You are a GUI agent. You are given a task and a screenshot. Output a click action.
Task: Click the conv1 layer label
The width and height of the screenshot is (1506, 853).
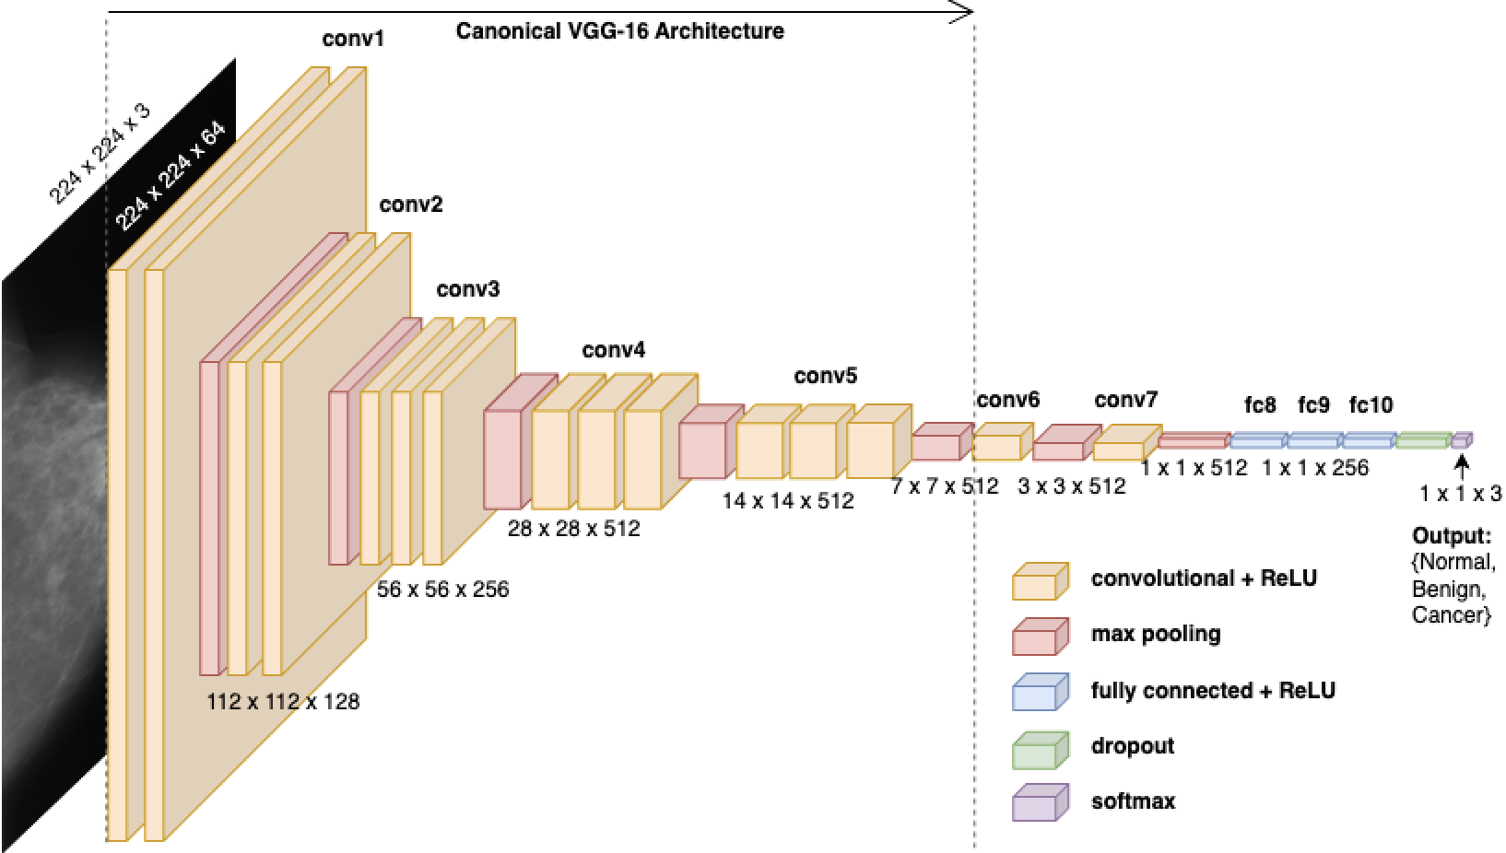pyautogui.click(x=353, y=40)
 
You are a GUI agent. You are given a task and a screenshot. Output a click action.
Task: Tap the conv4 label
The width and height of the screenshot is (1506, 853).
pyautogui.click(x=614, y=350)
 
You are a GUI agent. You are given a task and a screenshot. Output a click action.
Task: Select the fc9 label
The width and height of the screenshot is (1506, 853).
pyautogui.click(x=1313, y=404)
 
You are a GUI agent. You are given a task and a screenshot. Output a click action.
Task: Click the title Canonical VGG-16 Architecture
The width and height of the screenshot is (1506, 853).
pyautogui.click(x=620, y=31)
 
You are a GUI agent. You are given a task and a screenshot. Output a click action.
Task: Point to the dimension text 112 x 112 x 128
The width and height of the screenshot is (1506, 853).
pyautogui.click(x=283, y=702)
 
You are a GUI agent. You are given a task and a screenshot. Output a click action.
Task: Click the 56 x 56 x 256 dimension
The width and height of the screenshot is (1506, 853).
pyautogui.click(x=442, y=590)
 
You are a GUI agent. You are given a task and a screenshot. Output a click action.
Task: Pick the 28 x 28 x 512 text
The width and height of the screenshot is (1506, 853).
pyautogui.click(x=573, y=530)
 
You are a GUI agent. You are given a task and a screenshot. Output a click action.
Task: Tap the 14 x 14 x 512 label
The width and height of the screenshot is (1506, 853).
pyautogui.click(x=788, y=501)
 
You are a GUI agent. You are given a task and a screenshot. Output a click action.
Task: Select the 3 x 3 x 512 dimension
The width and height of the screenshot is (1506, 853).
pyautogui.click(x=1071, y=486)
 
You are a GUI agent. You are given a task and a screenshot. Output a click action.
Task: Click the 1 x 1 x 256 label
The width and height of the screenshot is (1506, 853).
pyautogui.click(x=1315, y=468)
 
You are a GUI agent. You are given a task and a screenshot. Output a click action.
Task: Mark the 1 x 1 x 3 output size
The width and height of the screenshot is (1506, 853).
pyautogui.click(x=1460, y=494)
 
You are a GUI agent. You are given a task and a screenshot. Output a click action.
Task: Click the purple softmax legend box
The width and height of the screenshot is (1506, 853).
pyautogui.click(x=1040, y=803)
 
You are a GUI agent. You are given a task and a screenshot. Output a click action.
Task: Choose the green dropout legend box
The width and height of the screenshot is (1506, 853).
pyautogui.click(x=1040, y=749)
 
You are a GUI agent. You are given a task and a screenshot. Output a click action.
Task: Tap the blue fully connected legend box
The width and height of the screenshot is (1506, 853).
pyautogui.click(x=1040, y=692)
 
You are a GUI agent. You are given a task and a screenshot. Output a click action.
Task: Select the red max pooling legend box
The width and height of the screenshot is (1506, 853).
pyautogui.click(x=1040, y=636)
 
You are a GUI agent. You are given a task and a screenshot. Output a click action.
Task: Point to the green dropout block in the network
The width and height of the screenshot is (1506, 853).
pyautogui.click(x=1422, y=440)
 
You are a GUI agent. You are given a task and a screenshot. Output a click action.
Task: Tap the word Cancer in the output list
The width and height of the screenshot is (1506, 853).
pyautogui.click(x=1448, y=615)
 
